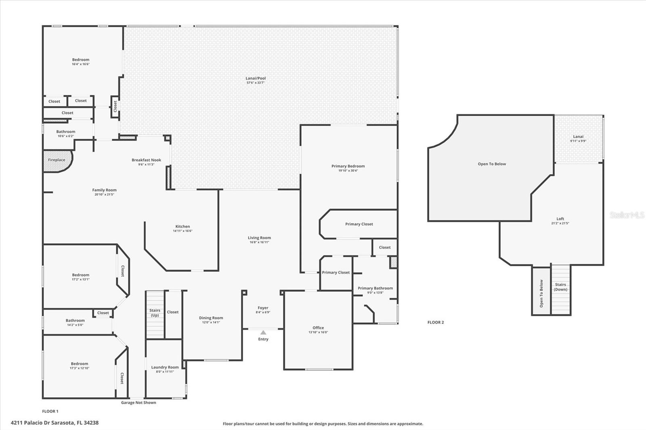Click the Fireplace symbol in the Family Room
[57, 161]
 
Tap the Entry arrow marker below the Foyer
[263, 333]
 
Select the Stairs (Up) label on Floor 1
[155, 313]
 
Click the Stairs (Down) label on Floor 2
[560, 287]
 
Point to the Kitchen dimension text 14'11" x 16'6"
[182, 231]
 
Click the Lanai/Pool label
[256, 78]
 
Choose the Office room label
[318, 328]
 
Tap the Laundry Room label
[165, 367]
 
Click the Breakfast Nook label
[146, 160]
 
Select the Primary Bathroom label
[375, 288]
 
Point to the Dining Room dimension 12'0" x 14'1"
[211, 322]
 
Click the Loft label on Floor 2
[560, 219]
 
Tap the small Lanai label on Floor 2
[578, 136]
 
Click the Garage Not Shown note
[138, 403]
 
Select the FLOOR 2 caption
[436, 322]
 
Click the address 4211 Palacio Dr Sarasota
[55, 423]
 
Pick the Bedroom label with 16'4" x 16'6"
[81, 60]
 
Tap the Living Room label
[259, 238]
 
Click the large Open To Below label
[492, 164]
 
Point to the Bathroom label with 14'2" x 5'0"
[75, 320]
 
